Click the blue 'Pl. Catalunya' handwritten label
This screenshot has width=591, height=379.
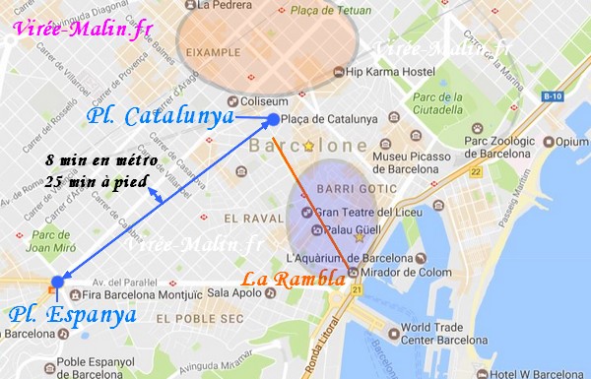160,117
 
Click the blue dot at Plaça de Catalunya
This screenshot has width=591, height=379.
273,120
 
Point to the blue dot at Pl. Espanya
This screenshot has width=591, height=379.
56,283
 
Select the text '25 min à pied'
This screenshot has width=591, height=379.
97,181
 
